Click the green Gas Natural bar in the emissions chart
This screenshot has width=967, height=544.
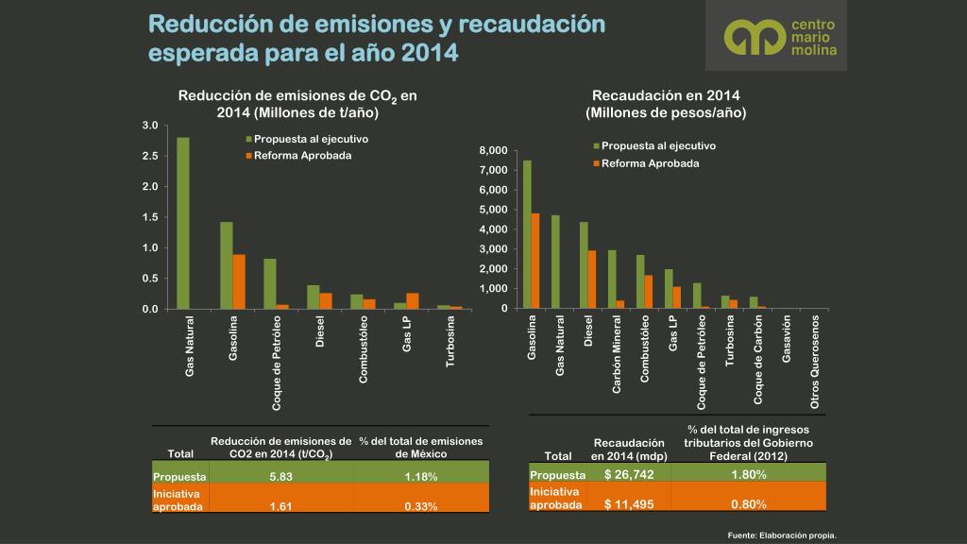point(183,223)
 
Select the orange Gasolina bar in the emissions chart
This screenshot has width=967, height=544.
point(239,281)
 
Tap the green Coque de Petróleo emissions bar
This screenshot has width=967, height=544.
point(270,283)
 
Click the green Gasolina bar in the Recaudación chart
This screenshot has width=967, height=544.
point(527,234)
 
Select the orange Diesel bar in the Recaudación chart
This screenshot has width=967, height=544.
point(592,280)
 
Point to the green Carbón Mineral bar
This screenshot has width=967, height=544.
point(612,280)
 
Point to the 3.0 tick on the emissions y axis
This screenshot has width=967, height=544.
point(149,126)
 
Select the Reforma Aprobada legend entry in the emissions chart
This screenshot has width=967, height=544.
point(297,155)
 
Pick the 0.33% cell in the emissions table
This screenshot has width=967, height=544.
point(420,506)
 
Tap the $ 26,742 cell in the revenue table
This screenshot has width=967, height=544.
point(629,474)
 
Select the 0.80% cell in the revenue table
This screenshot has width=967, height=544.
point(748,503)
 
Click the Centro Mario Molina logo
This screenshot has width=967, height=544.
point(776,36)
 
